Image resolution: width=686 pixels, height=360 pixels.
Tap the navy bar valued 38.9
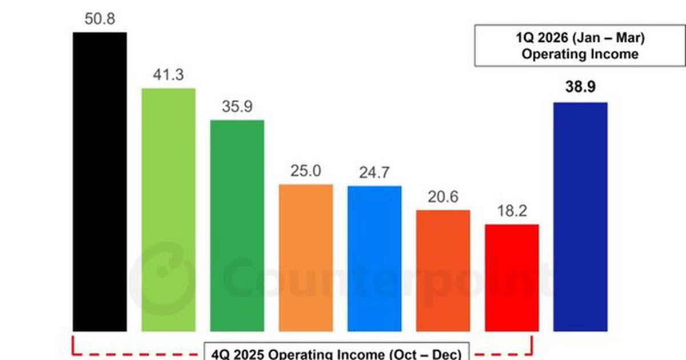[580, 217]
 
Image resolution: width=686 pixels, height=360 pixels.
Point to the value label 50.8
[99, 19]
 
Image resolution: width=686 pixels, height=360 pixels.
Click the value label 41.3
[168, 75]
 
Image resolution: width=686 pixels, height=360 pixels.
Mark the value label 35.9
[237, 107]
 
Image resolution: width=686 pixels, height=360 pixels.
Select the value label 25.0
[306, 171]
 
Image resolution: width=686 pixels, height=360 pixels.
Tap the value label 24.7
[374, 173]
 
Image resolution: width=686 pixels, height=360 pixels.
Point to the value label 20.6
[443, 198]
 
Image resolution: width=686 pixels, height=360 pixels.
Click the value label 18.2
[512, 211]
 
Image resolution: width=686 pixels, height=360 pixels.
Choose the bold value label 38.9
[580, 89]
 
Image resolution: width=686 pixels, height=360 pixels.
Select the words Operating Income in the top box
[580, 55]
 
